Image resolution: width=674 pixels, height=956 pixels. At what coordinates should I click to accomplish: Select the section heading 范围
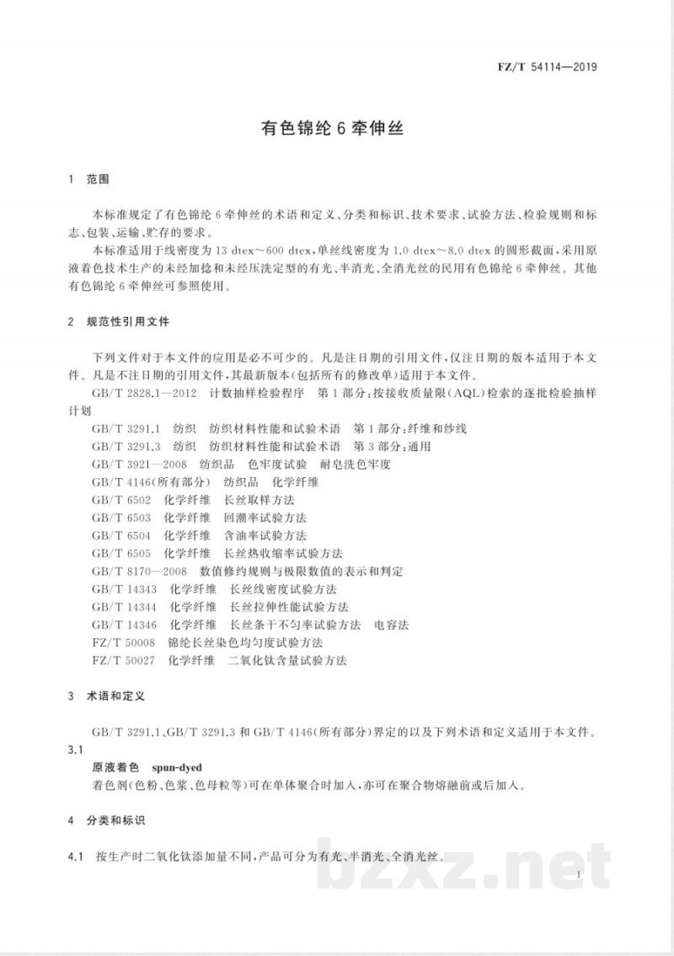tap(99, 180)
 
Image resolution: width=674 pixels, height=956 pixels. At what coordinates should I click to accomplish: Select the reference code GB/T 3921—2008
tap(139, 465)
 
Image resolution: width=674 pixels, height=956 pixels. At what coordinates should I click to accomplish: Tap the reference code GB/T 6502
tap(122, 500)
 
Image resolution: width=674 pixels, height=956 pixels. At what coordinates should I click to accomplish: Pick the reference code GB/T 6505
tap(122, 553)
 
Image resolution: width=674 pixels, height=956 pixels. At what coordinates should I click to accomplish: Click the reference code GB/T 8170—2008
tap(139, 571)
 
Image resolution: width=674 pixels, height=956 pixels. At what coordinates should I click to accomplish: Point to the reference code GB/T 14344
tap(126, 606)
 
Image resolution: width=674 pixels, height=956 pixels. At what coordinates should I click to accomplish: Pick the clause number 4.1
tap(77, 857)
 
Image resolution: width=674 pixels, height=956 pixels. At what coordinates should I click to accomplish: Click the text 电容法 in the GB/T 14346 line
tap(392, 625)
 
